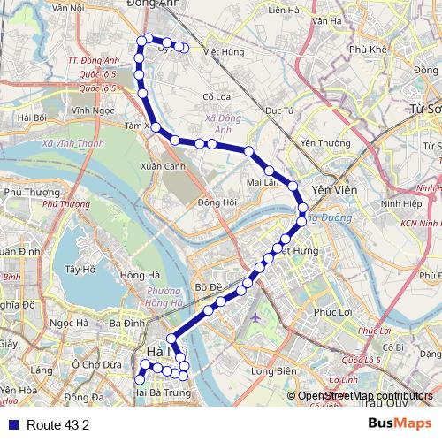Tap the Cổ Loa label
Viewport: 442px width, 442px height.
(217, 97)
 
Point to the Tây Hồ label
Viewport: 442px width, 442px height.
(80, 269)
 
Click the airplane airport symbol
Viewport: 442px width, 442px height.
(255, 316)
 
